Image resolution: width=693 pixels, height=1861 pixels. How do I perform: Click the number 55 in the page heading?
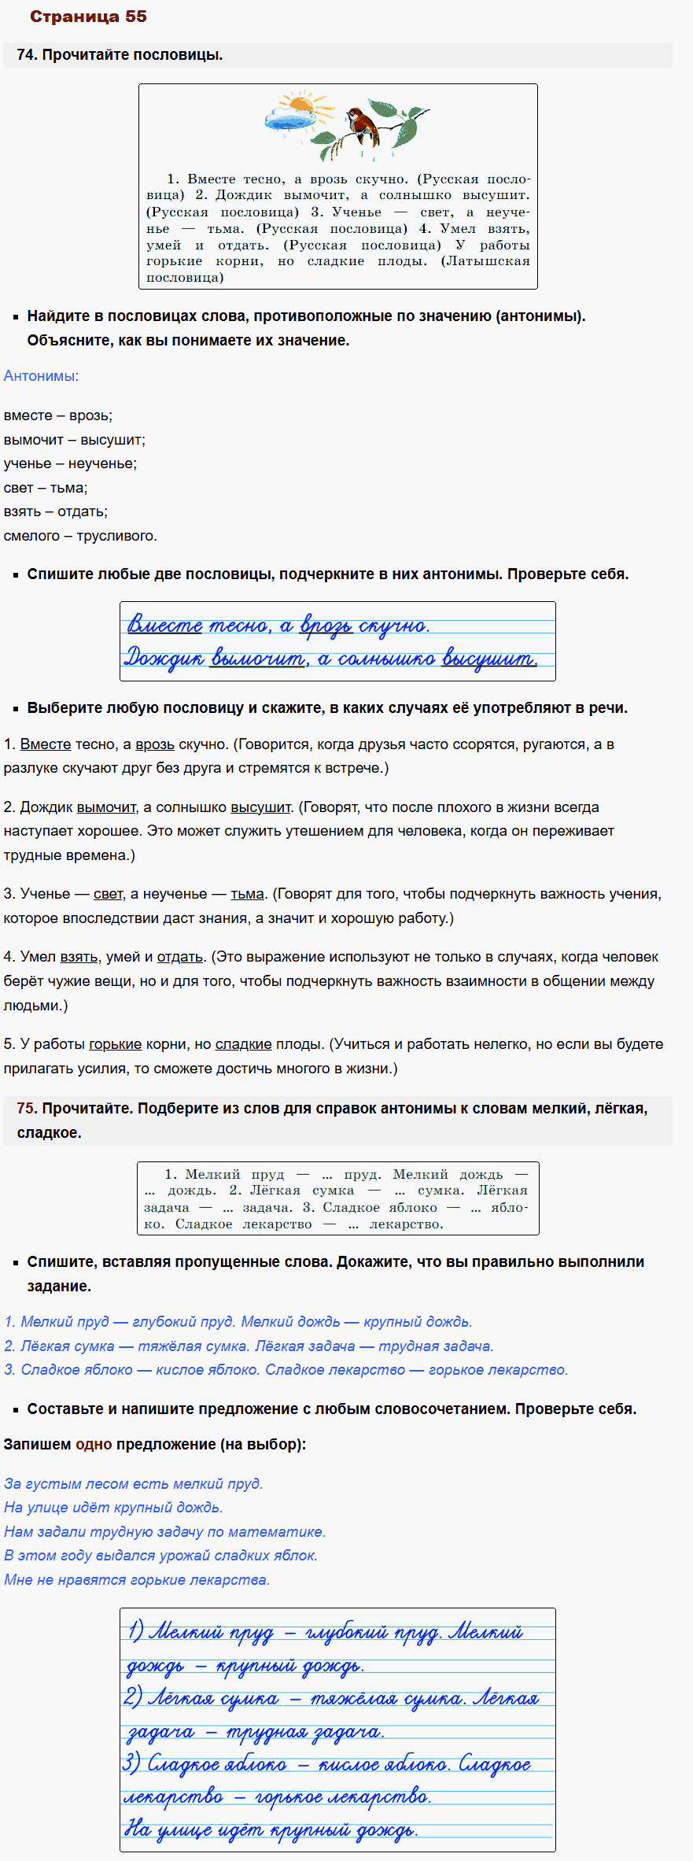click(135, 17)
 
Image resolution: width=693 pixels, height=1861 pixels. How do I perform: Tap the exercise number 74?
click(27, 55)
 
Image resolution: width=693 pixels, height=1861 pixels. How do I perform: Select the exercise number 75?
click(27, 1108)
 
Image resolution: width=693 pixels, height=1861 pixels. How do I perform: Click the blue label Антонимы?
click(41, 376)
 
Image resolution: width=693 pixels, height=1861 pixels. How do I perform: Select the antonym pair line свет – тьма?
click(46, 488)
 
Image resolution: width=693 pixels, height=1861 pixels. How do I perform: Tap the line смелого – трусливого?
click(80, 536)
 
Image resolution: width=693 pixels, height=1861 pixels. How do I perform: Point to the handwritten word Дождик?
click(164, 657)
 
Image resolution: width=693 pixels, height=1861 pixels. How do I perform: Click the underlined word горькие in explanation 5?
click(115, 1044)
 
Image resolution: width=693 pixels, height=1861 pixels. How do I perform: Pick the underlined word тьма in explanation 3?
click(247, 894)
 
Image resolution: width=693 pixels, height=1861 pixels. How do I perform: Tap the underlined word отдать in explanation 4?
click(179, 957)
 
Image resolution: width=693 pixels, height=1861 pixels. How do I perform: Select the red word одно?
click(94, 1444)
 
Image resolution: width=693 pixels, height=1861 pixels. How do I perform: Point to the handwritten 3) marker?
click(132, 1765)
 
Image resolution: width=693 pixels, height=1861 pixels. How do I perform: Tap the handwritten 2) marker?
click(132, 1698)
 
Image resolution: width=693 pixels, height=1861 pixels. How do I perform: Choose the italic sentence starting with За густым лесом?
click(134, 1483)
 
